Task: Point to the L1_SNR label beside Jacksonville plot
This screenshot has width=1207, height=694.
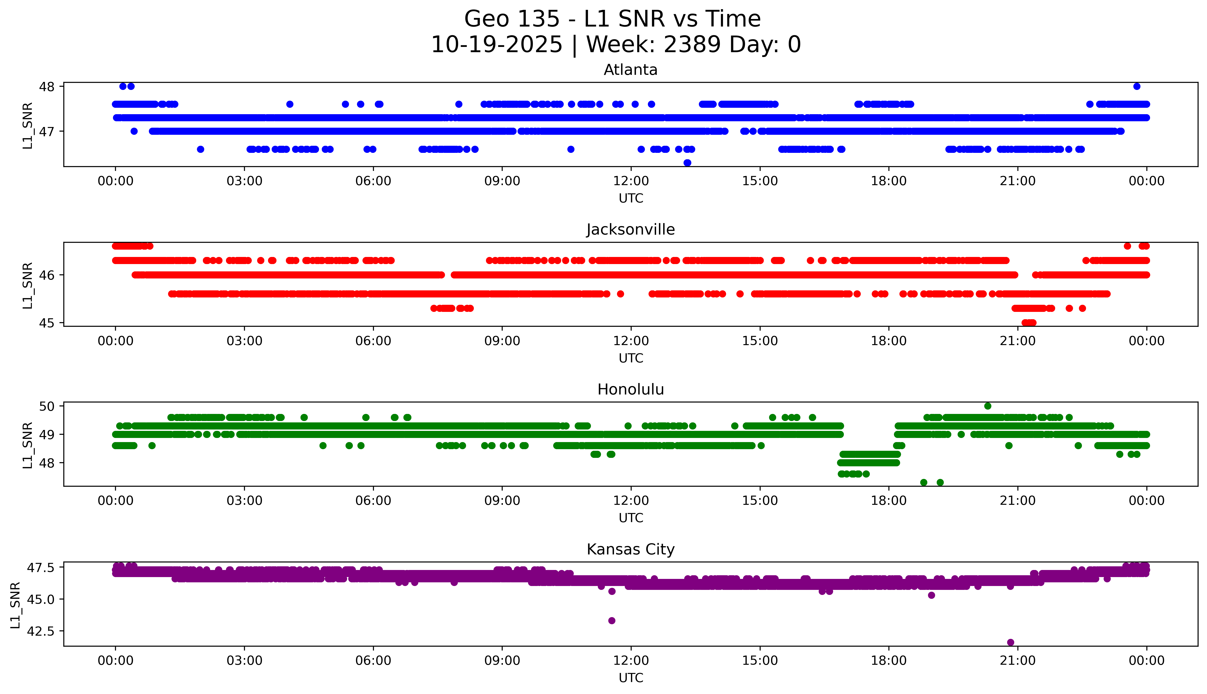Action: pos(28,285)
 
